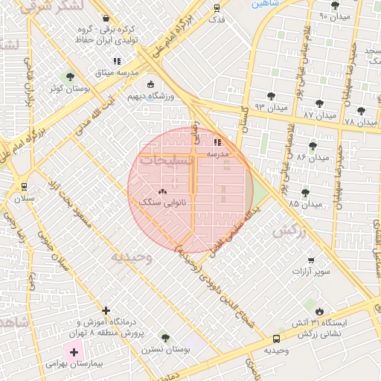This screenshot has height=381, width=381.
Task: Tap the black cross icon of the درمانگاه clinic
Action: (x=106, y=310)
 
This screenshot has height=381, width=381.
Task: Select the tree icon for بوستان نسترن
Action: (x=164, y=339)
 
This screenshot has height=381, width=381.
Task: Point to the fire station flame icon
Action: (x=319, y=311)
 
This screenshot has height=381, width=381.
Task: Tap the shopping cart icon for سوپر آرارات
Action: (x=311, y=260)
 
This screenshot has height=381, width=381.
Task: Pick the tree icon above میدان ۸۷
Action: (x=320, y=104)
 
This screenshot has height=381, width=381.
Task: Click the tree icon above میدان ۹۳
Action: (x=269, y=95)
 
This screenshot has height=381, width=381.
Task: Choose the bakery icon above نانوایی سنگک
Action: (x=163, y=191)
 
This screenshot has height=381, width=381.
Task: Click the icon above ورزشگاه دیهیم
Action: (x=151, y=85)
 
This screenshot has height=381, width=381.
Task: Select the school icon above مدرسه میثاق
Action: (x=116, y=61)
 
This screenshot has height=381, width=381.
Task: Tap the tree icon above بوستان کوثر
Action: (x=70, y=77)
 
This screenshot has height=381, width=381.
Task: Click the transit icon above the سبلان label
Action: (x=25, y=187)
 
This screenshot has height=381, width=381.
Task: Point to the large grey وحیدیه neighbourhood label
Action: (x=132, y=257)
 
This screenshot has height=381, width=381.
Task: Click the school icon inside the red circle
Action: (x=217, y=141)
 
